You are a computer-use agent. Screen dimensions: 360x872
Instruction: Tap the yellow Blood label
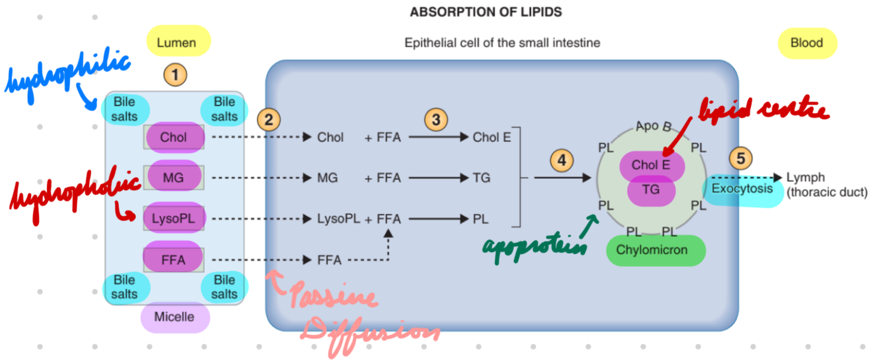(807, 43)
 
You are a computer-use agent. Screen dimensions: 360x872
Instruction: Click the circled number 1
(175, 76)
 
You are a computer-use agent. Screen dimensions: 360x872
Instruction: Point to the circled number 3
(437, 120)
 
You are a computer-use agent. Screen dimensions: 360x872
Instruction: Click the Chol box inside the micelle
(174, 138)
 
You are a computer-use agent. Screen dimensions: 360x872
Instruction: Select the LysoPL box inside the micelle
(174, 219)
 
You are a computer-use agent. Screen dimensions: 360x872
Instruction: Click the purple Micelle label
(175, 317)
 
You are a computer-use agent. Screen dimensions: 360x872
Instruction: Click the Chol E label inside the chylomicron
(651, 164)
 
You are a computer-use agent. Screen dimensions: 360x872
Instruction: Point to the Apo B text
(653, 126)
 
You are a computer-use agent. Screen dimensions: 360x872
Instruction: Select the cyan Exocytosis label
(741, 189)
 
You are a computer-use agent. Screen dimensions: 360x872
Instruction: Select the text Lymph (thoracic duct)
(826, 185)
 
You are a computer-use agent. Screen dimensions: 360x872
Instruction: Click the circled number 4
(562, 161)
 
